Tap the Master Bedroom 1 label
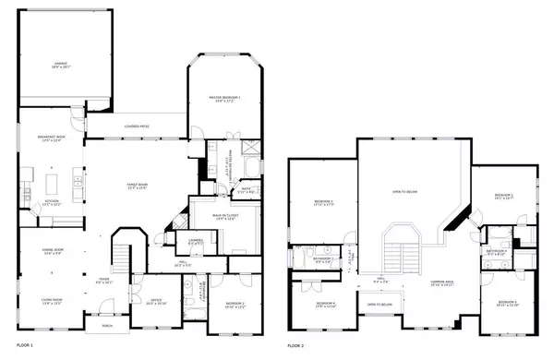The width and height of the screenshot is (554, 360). [x=227, y=98]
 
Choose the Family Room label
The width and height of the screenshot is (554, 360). [x=138, y=187]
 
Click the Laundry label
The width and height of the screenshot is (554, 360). [x=195, y=242]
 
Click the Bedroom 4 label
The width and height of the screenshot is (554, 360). [x=323, y=304]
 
